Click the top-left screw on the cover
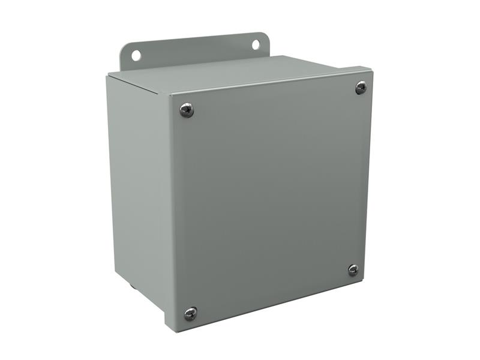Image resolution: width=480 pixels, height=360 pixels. click(x=187, y=110)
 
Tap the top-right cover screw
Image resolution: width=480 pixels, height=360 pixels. click(x=361, y=88)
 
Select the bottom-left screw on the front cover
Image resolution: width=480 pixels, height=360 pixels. click(x=190, y=313)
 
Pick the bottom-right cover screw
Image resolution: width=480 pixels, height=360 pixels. click(x=353, y=270)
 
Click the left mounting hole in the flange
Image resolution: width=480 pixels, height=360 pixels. click(x=136, y=55)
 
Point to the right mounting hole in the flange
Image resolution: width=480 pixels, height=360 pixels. click(x=256, y=44)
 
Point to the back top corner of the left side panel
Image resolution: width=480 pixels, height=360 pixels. click(x=109, y=76)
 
